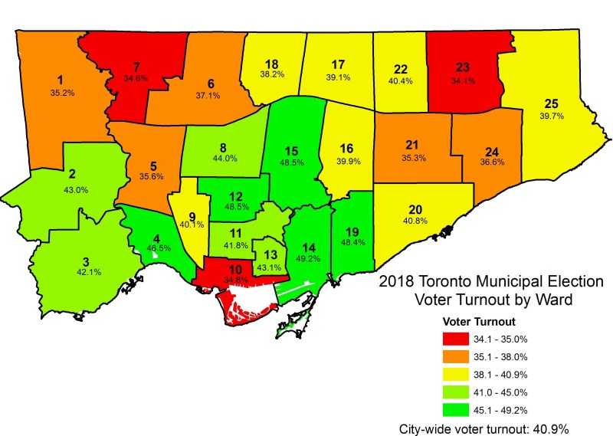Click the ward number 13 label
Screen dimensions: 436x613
coord(268,255)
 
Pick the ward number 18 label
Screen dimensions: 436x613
coord(271,64)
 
